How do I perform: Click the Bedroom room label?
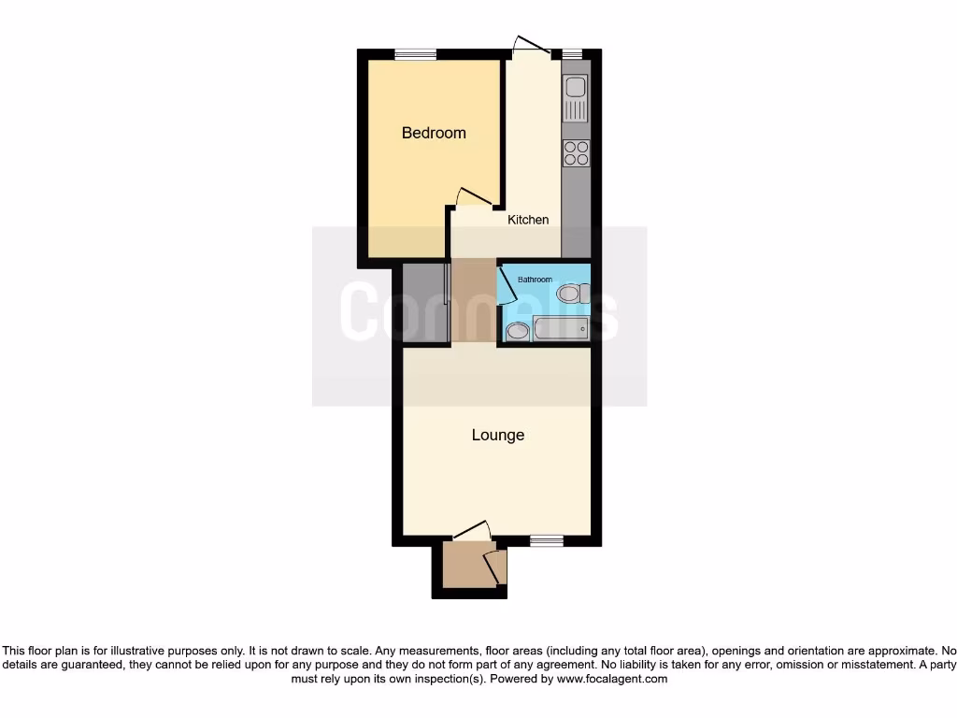434,133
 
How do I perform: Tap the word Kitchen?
528,220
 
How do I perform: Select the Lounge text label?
497,435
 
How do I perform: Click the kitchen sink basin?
574,88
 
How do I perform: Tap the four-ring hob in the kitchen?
576,152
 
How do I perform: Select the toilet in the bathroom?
571,294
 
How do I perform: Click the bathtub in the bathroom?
560,328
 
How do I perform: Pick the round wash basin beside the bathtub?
517,330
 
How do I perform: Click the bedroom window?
416,54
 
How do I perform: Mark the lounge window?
546,539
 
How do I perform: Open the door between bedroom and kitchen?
475,196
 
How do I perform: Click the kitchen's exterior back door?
529,47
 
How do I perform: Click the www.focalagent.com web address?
611,679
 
